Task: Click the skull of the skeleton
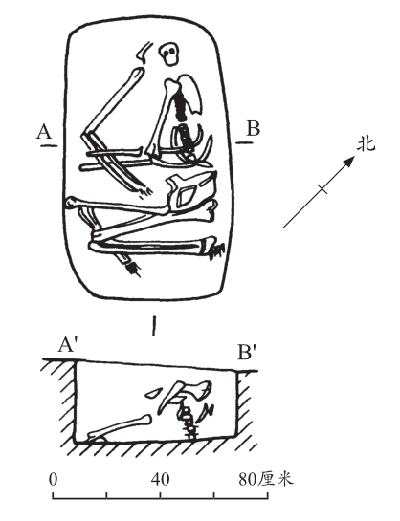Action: (x=169, y=54)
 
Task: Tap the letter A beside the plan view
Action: (x=44, y=131)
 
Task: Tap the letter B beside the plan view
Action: (x=254, y=129)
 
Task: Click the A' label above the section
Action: (x=68, y=345)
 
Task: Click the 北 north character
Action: (x=367, y=144)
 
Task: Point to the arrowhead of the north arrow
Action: (x=348, y=162)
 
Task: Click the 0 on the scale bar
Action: (x=53, y=480)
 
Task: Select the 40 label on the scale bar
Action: (x=160, y=480)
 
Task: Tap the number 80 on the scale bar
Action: (x=248, y=480)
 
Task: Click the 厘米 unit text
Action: (x=277, y=480)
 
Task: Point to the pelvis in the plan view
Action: (x=191, y=193)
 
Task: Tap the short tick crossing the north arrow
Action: (x=322, y=189)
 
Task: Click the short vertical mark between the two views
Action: (x=154, y=326)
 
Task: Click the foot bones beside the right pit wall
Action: (x=217, y=250)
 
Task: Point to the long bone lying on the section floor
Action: (x=120, y=427)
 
